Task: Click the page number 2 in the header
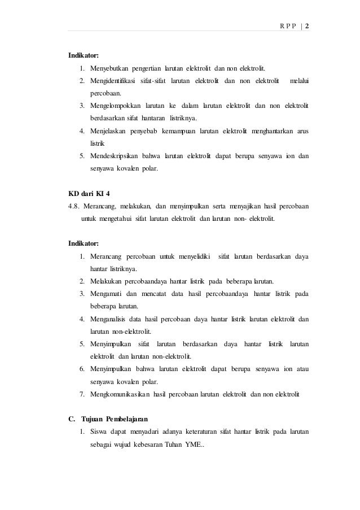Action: tap(308, 26)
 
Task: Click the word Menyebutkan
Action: tap(109, 69)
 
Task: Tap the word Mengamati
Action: tap(104, 294)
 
